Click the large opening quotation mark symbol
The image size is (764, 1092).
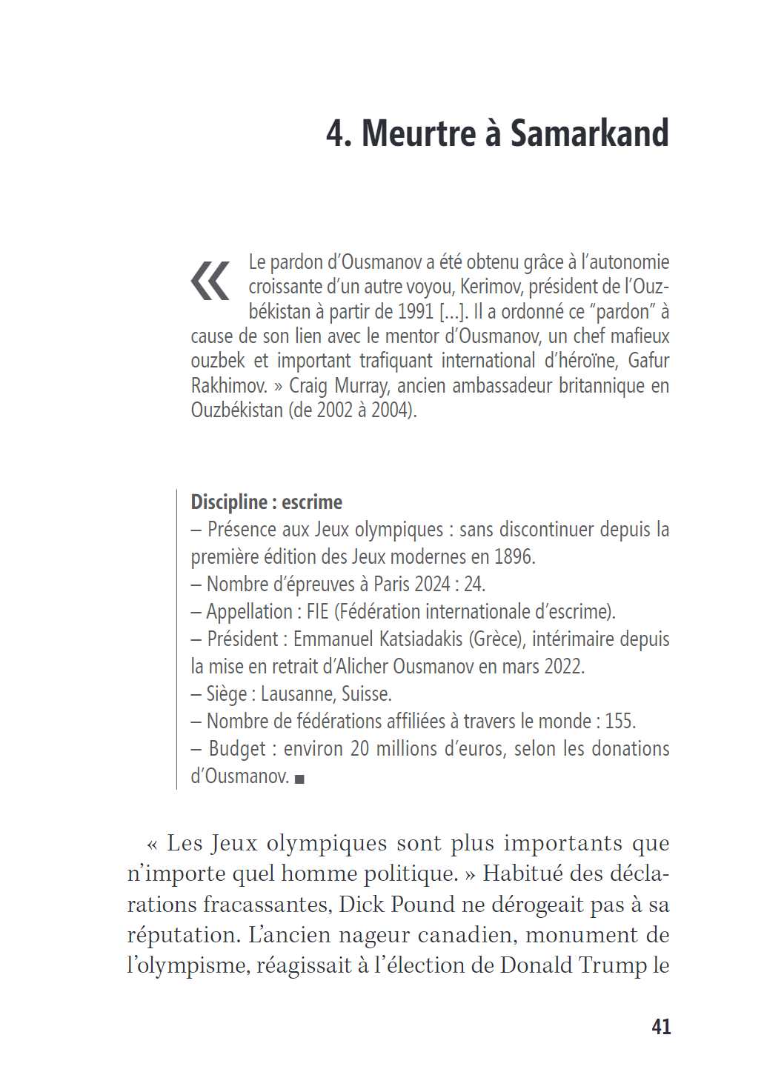(x=210, y=281)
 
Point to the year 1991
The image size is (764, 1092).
(x=414, y=312)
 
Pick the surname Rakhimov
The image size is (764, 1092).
(x=229, y=386)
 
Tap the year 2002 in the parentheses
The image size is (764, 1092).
(x=334, y=410)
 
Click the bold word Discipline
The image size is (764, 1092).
(x=229, y=502)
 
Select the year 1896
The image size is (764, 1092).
(x=514, y=557)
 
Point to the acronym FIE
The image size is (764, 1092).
(x=317, y=612)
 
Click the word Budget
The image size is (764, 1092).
(x=237, y=749)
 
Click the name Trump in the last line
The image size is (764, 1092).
(x=613, y=965)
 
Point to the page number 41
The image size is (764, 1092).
(x=661, y=1027)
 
